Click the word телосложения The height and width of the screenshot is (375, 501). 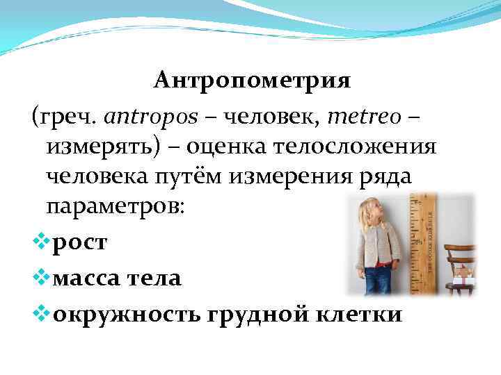366,147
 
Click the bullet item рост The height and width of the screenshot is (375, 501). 81,242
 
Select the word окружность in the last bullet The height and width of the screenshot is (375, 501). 129,315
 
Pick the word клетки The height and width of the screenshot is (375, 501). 363,315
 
